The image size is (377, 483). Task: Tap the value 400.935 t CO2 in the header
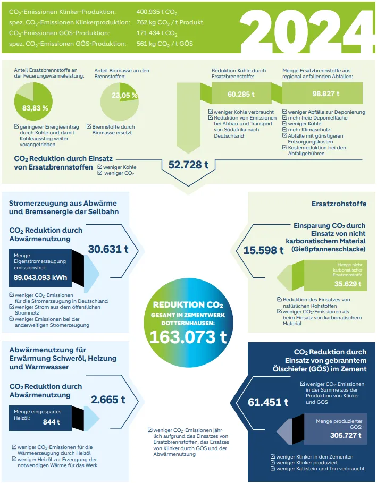(157, 11)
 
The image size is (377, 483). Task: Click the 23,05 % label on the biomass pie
(124, 96)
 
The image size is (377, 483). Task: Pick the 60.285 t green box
(241, 94)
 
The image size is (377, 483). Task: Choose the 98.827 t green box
(326, 94)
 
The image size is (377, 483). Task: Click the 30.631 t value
(108, 249)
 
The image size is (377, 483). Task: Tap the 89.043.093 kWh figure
(40, 277)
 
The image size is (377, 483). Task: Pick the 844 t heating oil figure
(51, 422)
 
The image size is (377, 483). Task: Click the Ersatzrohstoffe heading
(339, 204)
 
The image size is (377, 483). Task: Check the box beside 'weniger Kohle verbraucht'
(211, 112)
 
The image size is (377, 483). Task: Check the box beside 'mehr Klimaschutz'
(284, 130)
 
